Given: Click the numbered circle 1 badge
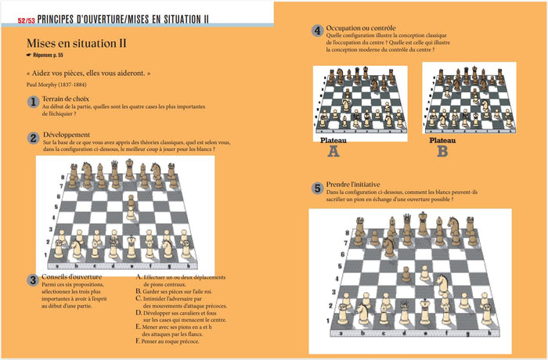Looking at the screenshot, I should pyautogui.click(x=33, y=102).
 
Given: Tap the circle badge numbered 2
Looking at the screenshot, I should pyautogui.click(x=33, y=138).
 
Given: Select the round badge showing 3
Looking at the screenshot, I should pyautogui.click(x=33, y=280).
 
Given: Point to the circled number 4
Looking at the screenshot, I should pyautogui.click(x=317, y=31).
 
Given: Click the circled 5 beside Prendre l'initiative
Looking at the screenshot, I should pyautogui.click(x=317, y=188).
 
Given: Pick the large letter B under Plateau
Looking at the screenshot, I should pyautogui.click(x=442, y=151).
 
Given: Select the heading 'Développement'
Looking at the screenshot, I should pyautogui.click(x=67, y=135).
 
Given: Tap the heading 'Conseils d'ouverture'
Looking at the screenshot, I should pyautogui.click(x=70, y=277).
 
